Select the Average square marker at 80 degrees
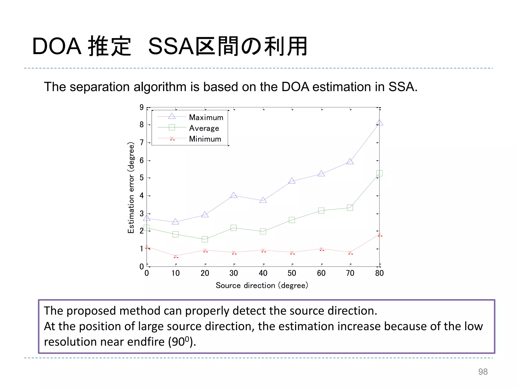379,173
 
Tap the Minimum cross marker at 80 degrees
379,235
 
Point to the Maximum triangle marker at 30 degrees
234,195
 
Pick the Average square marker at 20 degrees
205,239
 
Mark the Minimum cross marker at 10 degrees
176,256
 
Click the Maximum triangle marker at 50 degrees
292,181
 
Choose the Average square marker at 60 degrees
321,211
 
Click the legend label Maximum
206,117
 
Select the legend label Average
204,128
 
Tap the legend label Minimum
205,139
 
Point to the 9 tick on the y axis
142,107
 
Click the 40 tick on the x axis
263,273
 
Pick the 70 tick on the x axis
350,273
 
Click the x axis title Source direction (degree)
262,285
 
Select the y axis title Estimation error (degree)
131,187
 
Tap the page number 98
483,372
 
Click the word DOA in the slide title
57,46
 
